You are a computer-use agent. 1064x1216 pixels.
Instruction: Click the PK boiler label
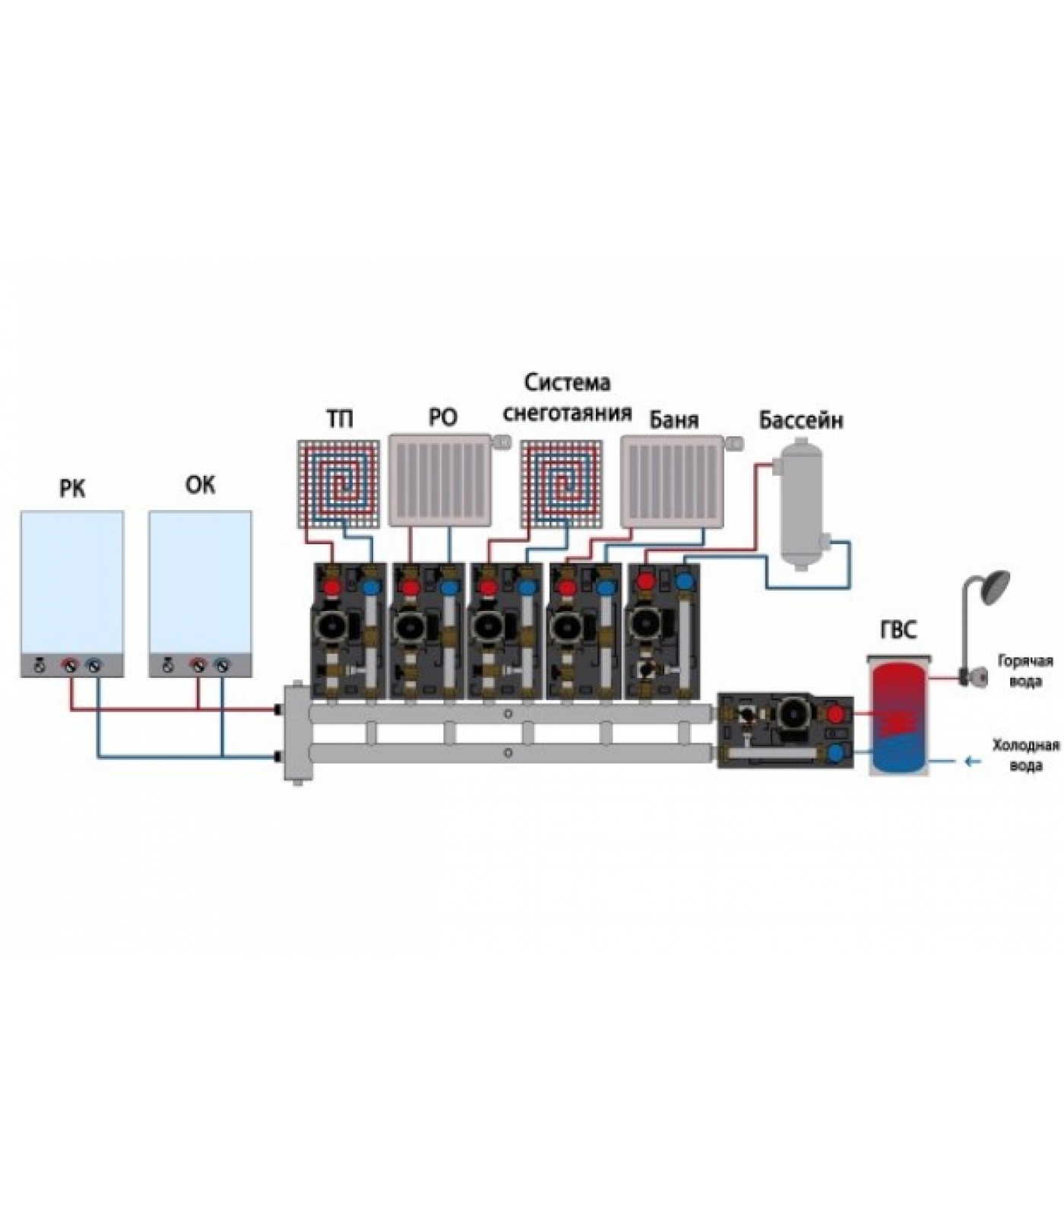coord(72,489)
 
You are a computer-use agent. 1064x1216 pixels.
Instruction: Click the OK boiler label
coord(200,484)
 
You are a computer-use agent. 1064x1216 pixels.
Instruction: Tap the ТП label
coord(340,419)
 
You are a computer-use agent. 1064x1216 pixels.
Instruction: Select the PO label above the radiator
coord(443,419)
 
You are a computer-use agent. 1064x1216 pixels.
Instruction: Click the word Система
coord(568,382)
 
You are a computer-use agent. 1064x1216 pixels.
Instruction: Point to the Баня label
coord(673,420)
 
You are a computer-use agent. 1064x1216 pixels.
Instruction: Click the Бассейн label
coord(800,420)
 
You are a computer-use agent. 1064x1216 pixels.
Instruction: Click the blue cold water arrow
coord(972,760)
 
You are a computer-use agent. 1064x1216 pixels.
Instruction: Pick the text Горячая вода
coord(1025,671)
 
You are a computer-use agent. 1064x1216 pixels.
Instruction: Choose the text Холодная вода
coord(1025,755)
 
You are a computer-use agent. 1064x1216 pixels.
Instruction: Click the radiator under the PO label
coord(440,481)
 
